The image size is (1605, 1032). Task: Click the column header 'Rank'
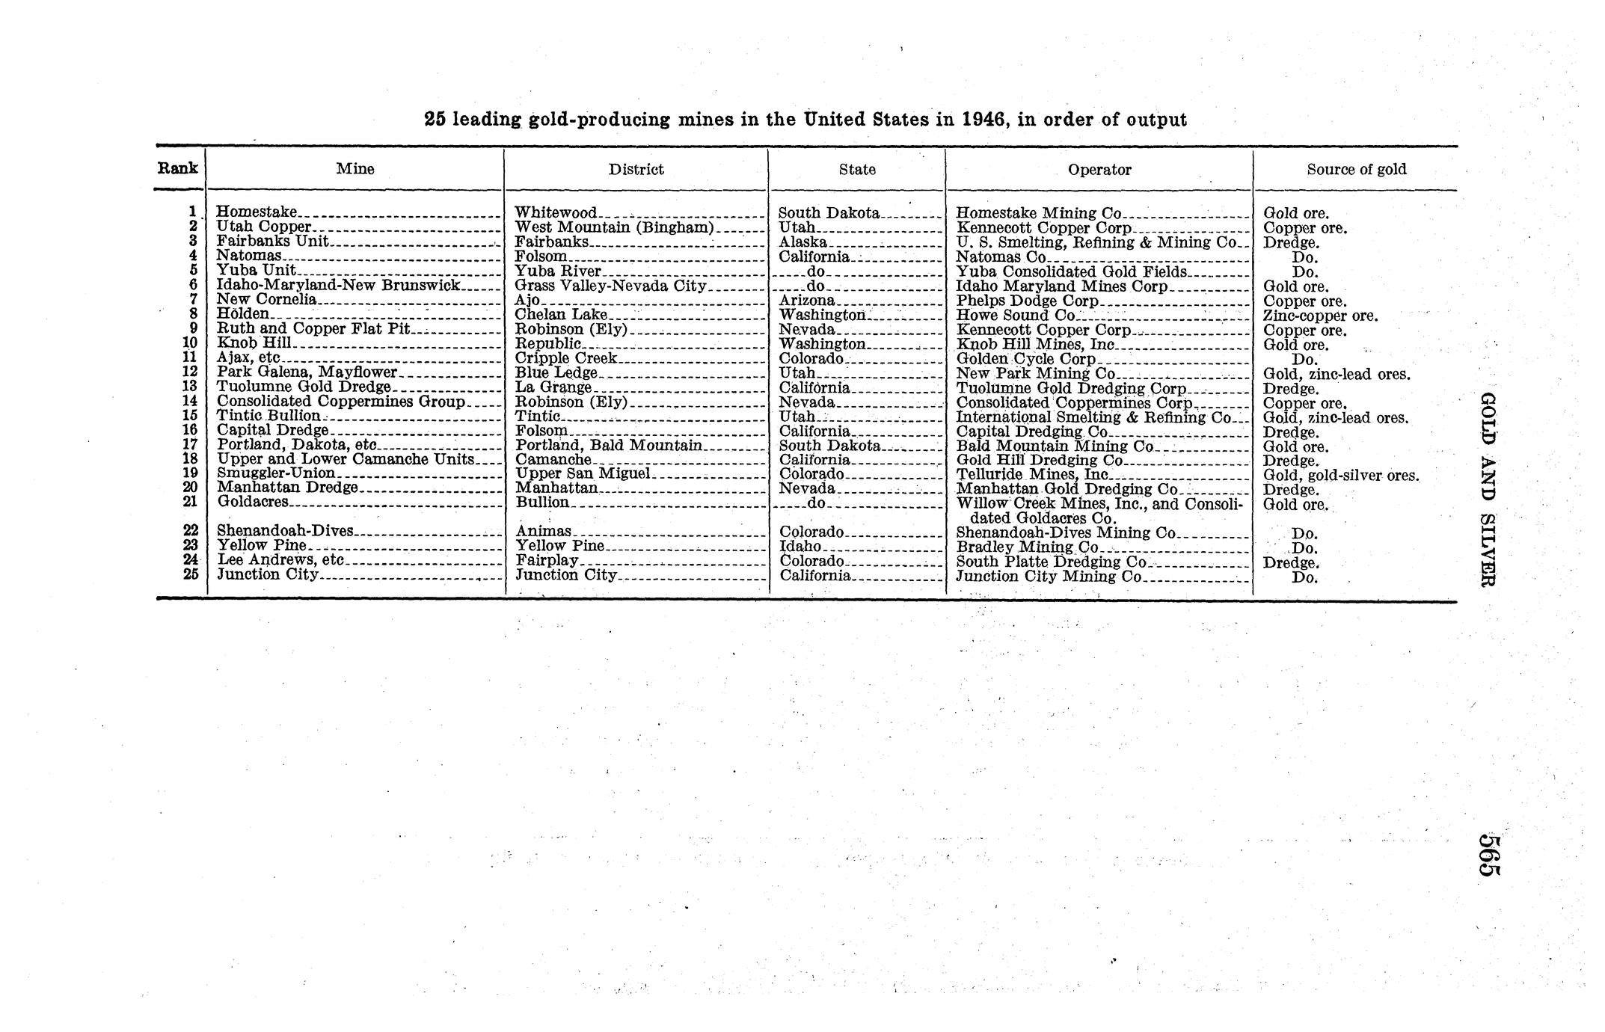tap(178, 168)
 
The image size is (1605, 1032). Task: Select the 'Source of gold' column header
tap(1356, 169)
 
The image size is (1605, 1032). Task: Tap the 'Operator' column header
tap(1099, 170)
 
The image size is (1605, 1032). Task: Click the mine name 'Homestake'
tap(257, 212)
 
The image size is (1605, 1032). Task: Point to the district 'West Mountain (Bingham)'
tap(615, 227)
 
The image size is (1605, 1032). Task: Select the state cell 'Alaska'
tap(802, 242)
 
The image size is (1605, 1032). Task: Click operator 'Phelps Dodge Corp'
tap(1027, 301)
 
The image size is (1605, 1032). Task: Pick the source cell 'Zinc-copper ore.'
tap(1320, 316)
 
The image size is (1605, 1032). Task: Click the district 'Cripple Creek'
tap(566, 358)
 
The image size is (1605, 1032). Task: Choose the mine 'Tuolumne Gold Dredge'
tap(304, 387)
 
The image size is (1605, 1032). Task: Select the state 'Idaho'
tap(800, 547)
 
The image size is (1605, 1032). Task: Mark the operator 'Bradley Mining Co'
tap(1027, 547)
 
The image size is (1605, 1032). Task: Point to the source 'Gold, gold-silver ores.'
tap(1340, 475)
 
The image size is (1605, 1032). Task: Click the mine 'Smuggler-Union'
tap(276, 473)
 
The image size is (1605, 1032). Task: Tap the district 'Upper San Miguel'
tap(584, 473)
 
